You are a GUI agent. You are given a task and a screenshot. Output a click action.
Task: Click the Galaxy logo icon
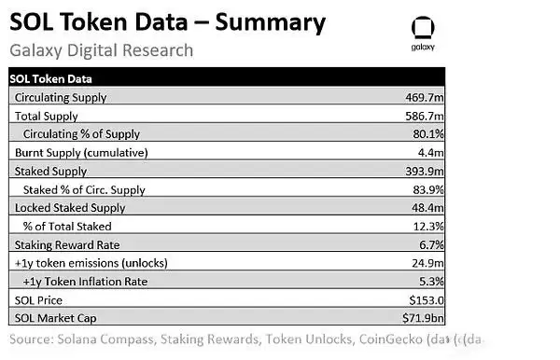coord(423,27)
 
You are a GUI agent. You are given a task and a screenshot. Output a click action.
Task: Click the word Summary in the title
coord(271,22)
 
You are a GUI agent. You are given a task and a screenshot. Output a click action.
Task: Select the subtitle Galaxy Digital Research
coord(101,50)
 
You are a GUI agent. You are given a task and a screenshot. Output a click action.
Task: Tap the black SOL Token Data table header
coord(227,76)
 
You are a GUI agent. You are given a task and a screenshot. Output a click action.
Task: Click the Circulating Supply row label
coord(61,97)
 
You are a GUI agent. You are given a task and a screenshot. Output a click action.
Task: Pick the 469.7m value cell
coord(425,97)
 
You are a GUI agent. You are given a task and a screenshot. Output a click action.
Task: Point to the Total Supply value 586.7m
coord(425,116)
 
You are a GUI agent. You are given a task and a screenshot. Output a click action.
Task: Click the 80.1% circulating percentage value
coord(428,134)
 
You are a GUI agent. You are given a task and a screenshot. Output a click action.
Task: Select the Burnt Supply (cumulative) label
coord(81,153)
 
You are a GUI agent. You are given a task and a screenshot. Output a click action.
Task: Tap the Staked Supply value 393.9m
coord(425,172)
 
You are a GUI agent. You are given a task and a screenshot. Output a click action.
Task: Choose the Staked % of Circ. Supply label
coord(84,190)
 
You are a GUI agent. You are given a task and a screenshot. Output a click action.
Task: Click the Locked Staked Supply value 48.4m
coord(427,208)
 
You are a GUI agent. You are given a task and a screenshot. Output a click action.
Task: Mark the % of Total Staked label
coord(67,227)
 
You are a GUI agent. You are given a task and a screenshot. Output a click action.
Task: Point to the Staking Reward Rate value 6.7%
coord(431,244)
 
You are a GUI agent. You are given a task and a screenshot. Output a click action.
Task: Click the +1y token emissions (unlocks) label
coord(91,263)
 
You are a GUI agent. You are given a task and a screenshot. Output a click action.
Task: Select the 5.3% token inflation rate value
coord(431,282)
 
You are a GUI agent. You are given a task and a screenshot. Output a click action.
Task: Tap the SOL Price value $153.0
coord(427,300)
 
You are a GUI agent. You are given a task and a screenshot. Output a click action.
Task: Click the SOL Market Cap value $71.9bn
coord(423,318)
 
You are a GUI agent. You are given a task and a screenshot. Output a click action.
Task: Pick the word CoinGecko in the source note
coord(391,339)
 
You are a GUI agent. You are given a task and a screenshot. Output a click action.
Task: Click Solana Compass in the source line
coord(105,339)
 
